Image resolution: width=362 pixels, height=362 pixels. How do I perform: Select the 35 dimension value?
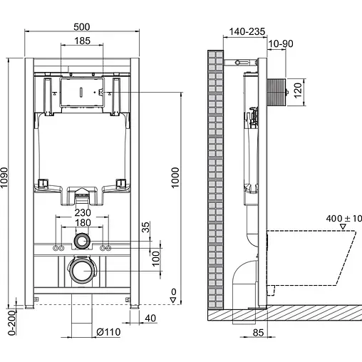point(145,227)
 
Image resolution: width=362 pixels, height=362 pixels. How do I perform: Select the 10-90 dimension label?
point(280,43)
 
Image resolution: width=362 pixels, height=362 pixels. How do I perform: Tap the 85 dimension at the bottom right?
point(255,332)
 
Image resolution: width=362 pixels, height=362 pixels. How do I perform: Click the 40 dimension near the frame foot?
point(150,319)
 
